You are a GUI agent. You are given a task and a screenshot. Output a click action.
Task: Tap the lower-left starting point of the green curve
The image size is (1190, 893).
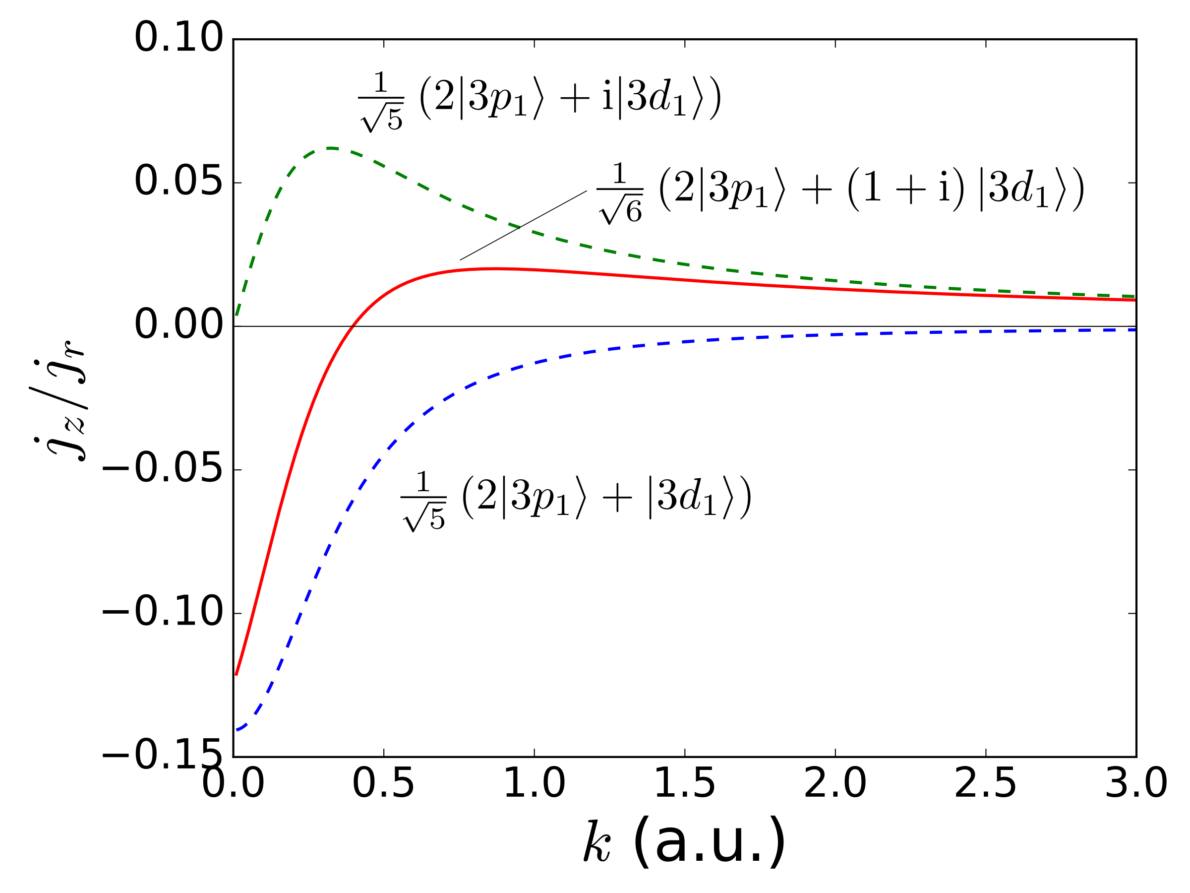pos(237,315)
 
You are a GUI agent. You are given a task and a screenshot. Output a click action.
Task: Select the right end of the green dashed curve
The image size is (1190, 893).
pos(1134,296)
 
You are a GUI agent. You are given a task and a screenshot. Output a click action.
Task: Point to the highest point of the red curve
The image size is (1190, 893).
pos(498,268)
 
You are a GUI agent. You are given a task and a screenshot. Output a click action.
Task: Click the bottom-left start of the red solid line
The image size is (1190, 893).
pos(237,674)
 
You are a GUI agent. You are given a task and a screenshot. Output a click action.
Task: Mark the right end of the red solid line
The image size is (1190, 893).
pos(1134,300)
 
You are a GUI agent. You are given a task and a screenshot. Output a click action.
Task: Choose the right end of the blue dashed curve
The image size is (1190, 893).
pos(1134,330)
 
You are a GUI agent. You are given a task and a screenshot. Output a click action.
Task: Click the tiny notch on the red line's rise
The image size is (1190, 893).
pos(353,326)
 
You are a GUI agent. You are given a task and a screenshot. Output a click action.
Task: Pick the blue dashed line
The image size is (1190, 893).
pos(646,344)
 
